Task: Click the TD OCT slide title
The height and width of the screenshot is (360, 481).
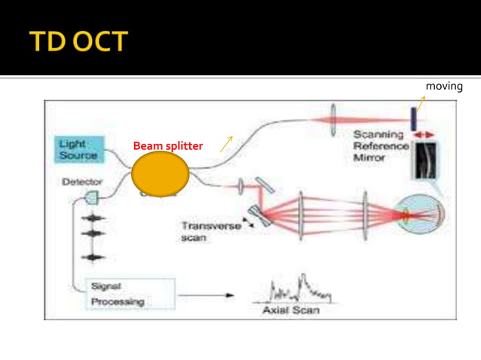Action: (x=78, y=41)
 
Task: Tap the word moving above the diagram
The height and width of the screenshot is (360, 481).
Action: (x=444, y=87)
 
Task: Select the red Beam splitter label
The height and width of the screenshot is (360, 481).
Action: (x=167, y=146)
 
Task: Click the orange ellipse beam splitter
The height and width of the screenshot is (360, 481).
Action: (x=160, y=174)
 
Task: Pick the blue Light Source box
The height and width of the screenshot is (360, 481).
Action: (x=78, y=148)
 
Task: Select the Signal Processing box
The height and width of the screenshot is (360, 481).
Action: (x=130, y=294)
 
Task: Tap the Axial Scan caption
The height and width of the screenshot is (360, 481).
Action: (x=290, y=310)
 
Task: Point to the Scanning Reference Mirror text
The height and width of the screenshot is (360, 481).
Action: (x=381, y=145)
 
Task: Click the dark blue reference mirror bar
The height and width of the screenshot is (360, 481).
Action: (x=413, y=117)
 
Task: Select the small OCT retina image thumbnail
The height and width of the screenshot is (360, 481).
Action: (x=424, y=160)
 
